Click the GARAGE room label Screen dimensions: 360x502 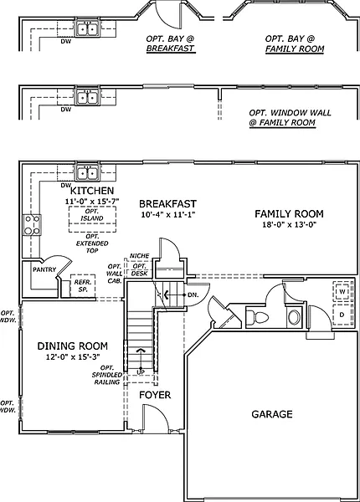(272, 414)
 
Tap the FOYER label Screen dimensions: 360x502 (155, 395)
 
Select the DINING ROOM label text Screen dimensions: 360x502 (73, 346)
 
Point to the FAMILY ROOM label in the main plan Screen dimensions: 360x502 (289, 214)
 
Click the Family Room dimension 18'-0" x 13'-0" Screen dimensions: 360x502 (289, 224)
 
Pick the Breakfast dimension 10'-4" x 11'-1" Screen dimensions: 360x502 (168, 214)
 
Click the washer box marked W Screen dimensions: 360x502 (342, 292)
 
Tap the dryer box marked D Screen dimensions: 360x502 (342, 315)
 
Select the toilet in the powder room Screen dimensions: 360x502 (258, 318)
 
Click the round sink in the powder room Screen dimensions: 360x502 (294, 317)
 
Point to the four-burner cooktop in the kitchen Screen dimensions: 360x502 (32, 225)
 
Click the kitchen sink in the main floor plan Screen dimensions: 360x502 (87, 173)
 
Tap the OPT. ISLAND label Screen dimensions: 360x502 (92, 215)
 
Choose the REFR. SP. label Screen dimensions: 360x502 (83, 286)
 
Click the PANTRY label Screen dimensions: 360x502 (44, 270)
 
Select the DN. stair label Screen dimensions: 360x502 (193, 295)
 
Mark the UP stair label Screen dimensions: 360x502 (141, 372)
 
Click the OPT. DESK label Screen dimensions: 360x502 (140, 270)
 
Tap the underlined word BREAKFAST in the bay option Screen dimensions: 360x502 (171, 49)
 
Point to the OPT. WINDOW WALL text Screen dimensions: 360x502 (290, 113)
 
